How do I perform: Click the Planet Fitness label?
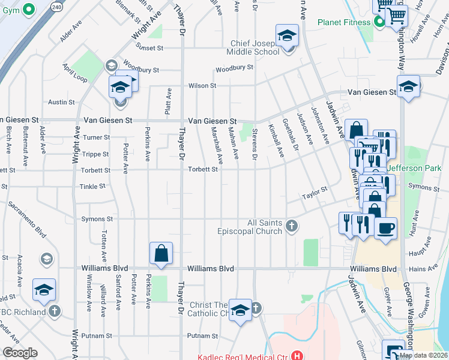[343, 23]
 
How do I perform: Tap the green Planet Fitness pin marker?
[379, 23]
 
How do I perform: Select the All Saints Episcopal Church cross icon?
[291, 226]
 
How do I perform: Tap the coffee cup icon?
[385, 228]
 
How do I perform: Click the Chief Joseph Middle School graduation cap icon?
[287, 35]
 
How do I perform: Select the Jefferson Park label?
[414, 168]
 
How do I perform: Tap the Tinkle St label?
[92, 187]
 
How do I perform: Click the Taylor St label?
[315, 193]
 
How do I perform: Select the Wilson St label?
[202, 86]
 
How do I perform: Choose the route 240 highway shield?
[56, 6]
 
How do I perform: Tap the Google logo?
[20, 353]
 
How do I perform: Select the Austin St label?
[61, 103]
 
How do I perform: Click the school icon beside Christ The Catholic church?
[240, 310]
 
